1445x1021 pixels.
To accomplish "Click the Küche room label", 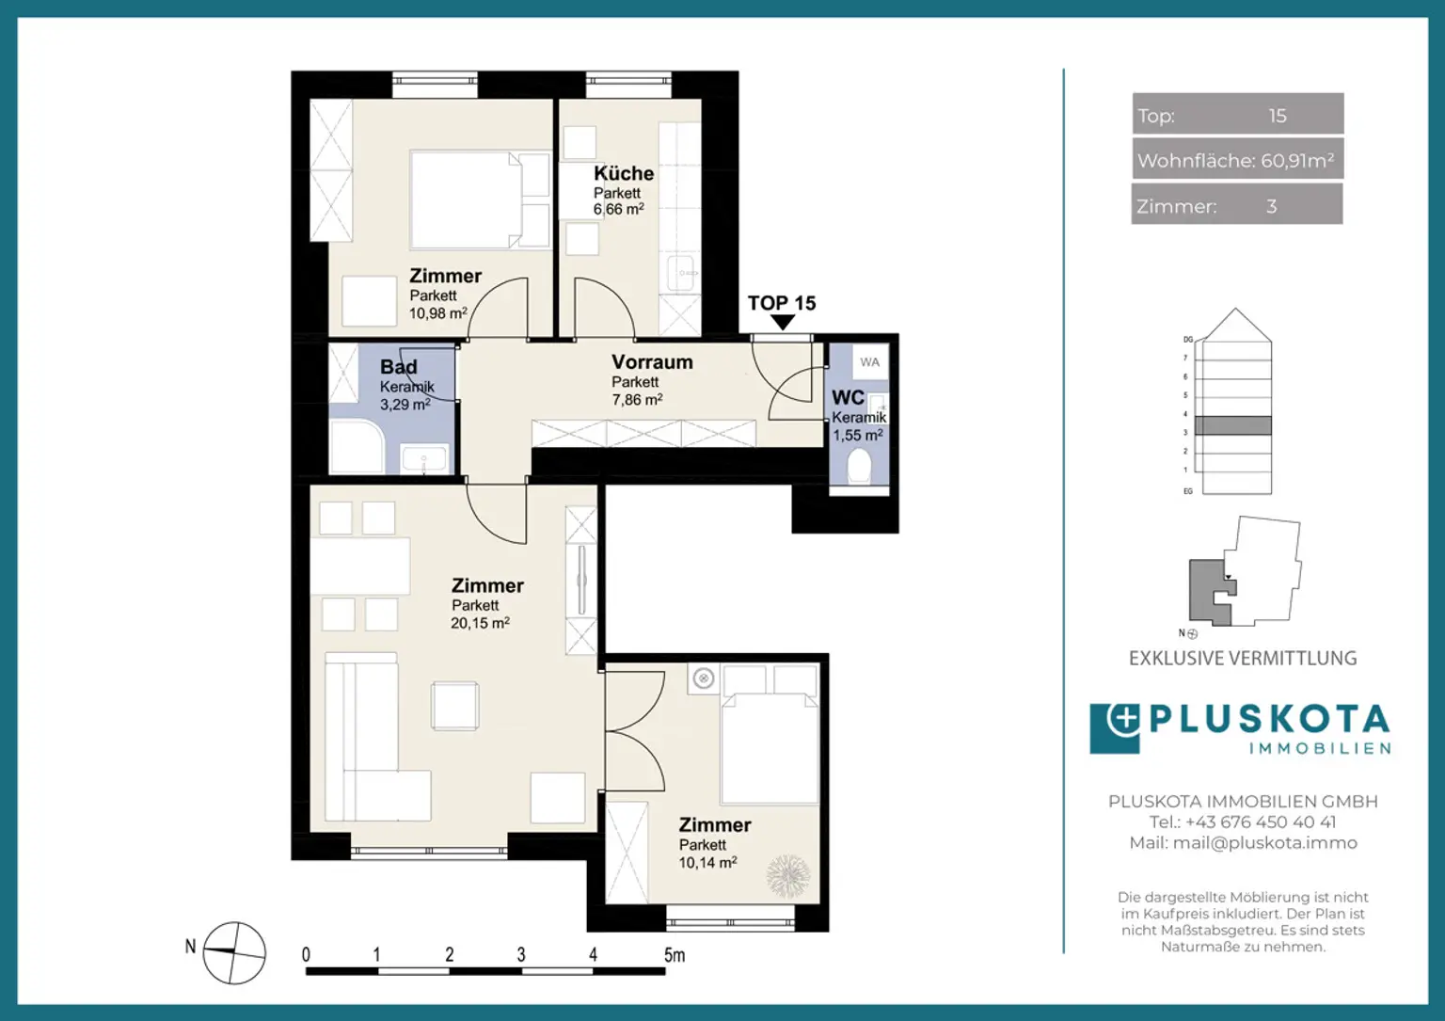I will [623, 173].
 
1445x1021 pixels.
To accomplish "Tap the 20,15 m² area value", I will [480, 623].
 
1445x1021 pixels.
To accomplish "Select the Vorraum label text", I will [652, 362].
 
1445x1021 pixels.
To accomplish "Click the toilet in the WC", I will [859, 466].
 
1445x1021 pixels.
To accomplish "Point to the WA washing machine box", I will [869, 362].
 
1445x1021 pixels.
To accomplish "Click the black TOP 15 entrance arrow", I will [782, 323].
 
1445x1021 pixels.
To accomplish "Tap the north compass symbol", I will [234, 952].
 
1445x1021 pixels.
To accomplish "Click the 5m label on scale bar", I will [675, 954].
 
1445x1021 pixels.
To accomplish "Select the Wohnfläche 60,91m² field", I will [1237, 160].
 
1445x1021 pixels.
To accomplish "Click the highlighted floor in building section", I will [1232, 425].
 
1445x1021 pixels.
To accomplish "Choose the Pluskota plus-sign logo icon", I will [1116, 726].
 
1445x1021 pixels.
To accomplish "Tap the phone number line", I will [1243, 822].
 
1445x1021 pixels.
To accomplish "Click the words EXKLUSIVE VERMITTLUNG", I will [1243, 659].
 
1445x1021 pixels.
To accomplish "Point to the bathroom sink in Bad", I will [424, 460].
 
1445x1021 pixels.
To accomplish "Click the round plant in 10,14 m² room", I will [787, 876].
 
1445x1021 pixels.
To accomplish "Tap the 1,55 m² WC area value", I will [857, 436].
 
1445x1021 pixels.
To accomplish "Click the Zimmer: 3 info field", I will [1237, 205].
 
